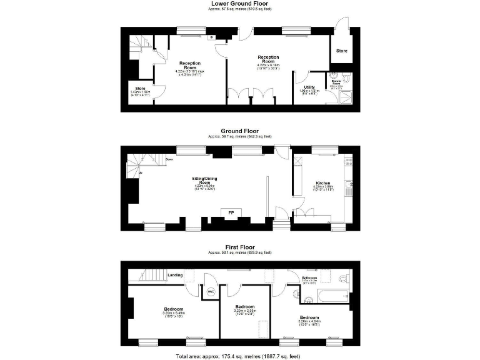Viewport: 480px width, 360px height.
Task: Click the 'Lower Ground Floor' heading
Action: point(240,3)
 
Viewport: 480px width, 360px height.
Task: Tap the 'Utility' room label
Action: point(309,87)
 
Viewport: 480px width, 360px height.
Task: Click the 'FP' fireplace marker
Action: point(231,212)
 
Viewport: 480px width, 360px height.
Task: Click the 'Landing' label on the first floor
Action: point(176,274)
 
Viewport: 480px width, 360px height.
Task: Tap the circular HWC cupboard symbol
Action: point(210,291)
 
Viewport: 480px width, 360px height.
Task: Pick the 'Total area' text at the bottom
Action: point(240,355)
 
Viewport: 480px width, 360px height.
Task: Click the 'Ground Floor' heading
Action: point(240,131)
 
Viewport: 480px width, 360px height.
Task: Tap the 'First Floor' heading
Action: point(240,247)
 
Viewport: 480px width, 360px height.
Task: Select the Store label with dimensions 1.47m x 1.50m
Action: point(136,89)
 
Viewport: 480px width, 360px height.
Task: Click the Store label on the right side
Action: point(342,51)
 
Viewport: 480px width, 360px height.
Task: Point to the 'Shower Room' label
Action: point(335,81)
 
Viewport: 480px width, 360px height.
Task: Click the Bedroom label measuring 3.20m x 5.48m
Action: point(174,309)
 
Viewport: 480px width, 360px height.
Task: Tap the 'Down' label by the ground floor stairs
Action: point(169,159)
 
